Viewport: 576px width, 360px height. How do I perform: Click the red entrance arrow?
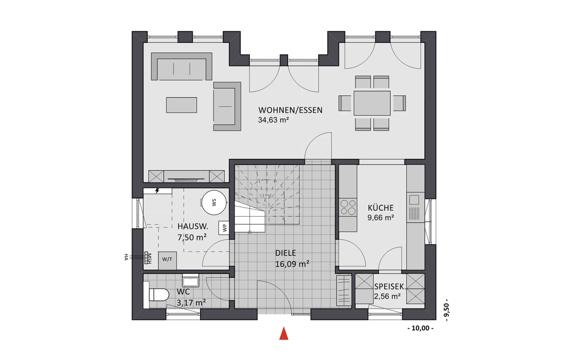[284, 333]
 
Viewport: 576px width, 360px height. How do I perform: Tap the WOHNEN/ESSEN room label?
[290, 110]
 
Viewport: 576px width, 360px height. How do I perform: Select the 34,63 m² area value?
[273, 120]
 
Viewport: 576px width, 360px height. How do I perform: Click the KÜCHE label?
[381, 207]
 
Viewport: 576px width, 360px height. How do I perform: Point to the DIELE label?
[286, 253]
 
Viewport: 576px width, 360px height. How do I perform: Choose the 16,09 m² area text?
[292, 264]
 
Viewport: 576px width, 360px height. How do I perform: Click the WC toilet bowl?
[159, 295]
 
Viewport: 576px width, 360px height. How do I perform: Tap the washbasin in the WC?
[190, 280]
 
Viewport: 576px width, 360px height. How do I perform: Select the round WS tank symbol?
[214, 202]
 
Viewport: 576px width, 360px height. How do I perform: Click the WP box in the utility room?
[224, 228]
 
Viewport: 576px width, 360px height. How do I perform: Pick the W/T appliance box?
[167, 261]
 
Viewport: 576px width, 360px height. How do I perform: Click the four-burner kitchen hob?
[348, 207]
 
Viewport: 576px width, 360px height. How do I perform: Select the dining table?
[372, 103]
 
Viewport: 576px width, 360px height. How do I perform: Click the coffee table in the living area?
[181, 105]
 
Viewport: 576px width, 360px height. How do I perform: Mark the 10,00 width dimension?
[420, 328]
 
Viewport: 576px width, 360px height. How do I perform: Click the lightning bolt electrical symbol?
[157, 190]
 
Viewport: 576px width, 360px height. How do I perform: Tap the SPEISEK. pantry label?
[390, 287]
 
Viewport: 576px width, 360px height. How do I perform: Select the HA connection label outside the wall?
[126, 257]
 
